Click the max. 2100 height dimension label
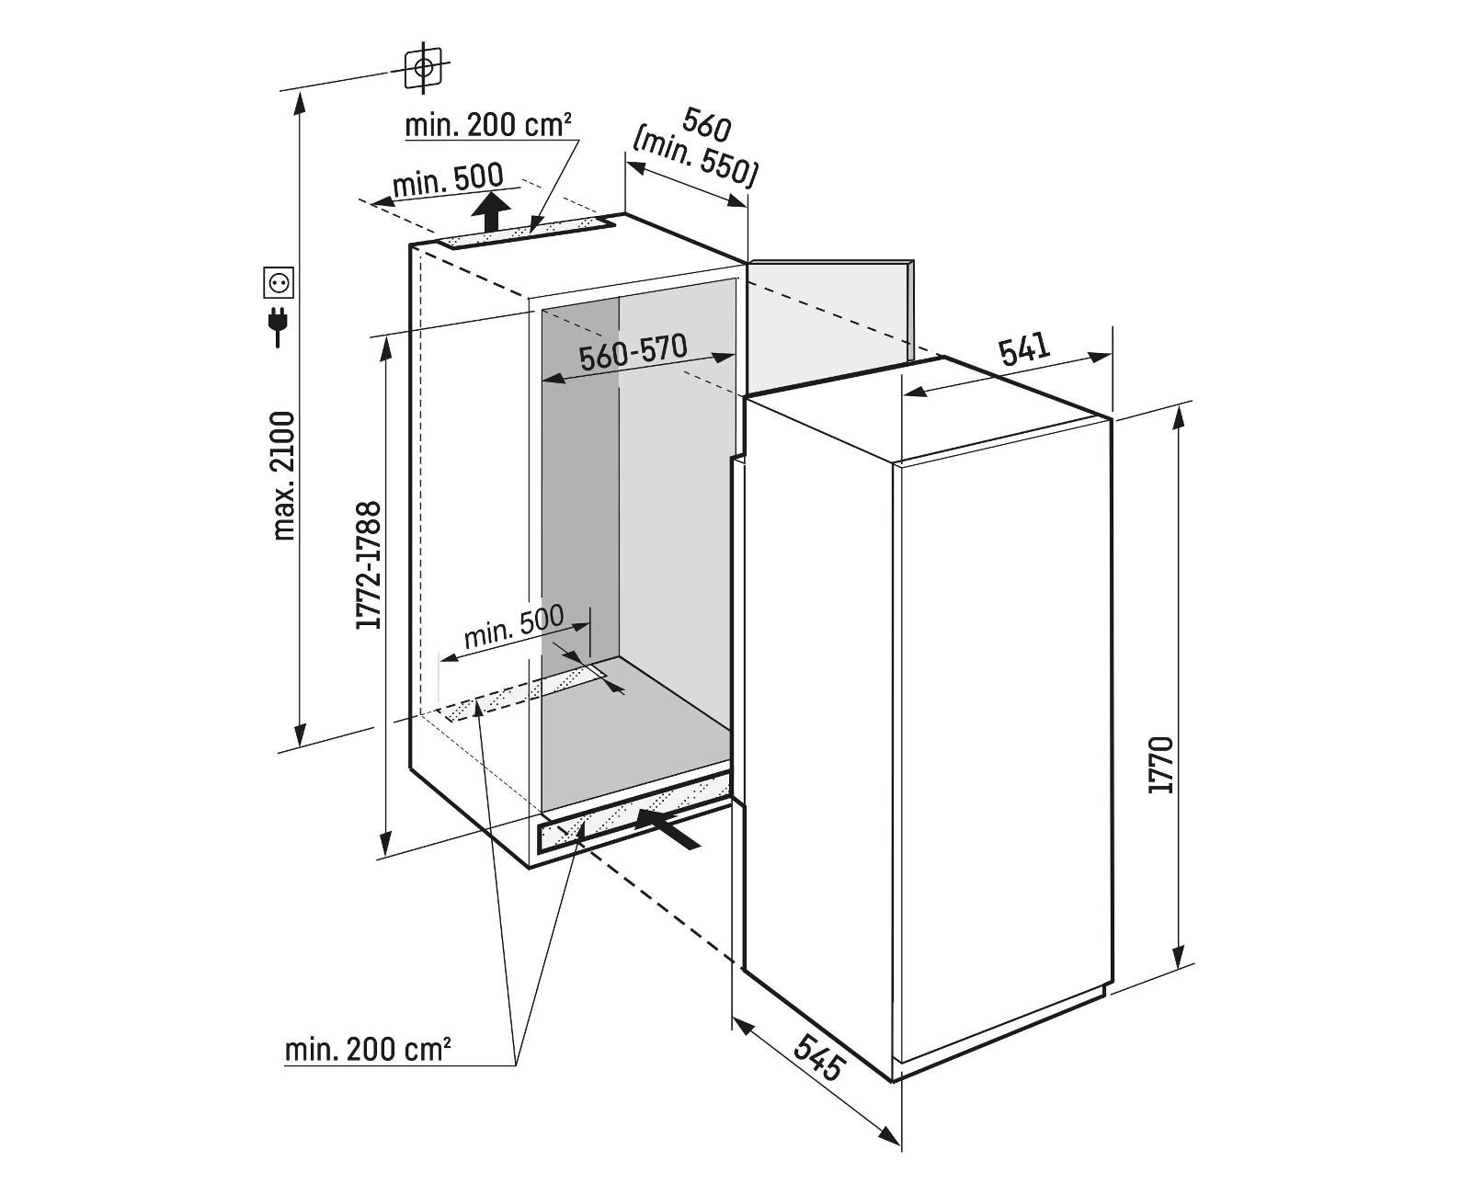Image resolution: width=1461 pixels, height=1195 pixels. coord(285,474)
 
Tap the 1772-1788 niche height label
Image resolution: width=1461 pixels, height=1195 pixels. coord(370,565)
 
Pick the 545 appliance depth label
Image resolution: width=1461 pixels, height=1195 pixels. coord(817,1056)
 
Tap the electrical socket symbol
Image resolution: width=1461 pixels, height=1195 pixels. coord(279,283)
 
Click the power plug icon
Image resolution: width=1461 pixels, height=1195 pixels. coord(278,327)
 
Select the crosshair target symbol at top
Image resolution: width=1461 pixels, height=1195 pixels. coord(423,67)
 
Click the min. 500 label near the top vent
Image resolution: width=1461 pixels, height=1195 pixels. coord(448,180)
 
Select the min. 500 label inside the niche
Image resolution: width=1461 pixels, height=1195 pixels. coord(513,629)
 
